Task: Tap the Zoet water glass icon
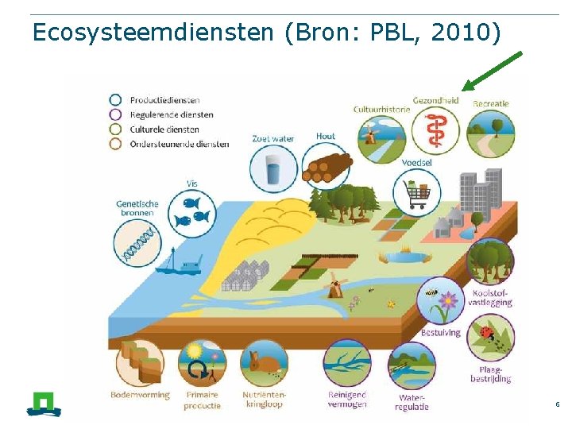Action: coord(274,168)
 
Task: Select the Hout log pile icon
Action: coord(326,165)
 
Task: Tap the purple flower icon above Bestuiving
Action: coord(441,301)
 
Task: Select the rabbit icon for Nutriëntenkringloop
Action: coord(264,363)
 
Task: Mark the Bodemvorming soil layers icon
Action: coord(139,363)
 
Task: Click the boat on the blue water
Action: coord(177,265)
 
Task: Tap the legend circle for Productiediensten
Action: coord(116,100)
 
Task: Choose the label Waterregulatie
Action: coord(412,402)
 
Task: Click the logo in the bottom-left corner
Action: coord(43,403)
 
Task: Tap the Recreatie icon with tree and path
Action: coord(490,133)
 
